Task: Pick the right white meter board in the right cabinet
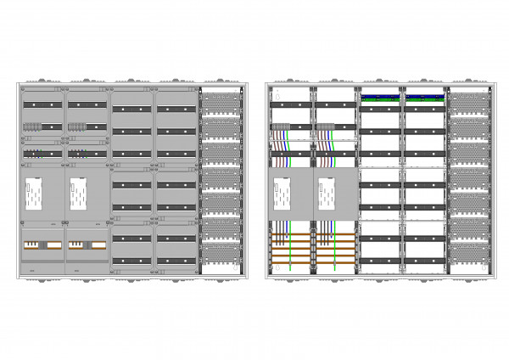[x=327, y=194]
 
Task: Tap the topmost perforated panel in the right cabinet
[x=467, y=103]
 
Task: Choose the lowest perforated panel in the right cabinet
[x=467, y=252]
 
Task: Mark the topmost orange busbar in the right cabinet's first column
[x=291, y=235]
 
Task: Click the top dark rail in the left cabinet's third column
[x=131, y=109]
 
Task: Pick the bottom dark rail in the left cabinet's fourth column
[x=176, y=260]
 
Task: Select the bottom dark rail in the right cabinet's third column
[x=380, y=260]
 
